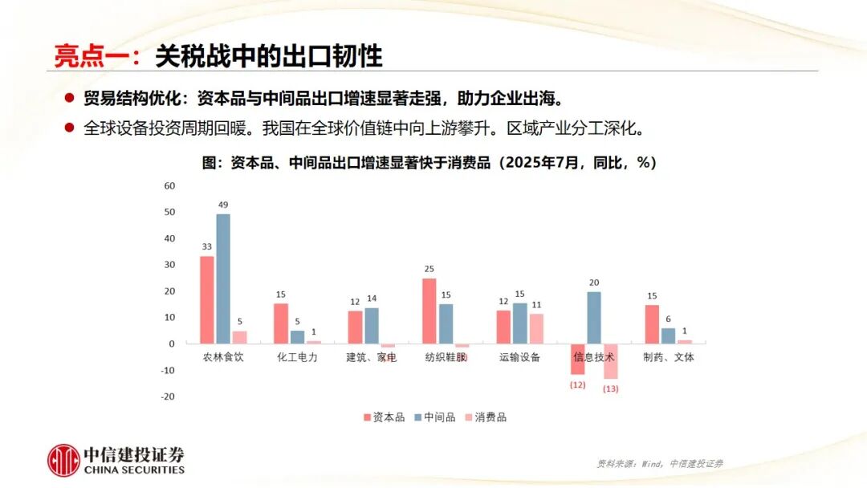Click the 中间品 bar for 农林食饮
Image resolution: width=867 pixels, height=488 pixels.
click(x=223, y=279)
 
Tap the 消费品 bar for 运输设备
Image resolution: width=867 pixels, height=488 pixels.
click(x=536, y=328)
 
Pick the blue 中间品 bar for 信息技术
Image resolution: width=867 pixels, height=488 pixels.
click(x=594, y=317)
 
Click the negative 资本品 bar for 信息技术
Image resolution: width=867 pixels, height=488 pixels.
click(x=578, y=359)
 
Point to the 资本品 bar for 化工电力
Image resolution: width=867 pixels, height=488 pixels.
click(x=281, y=323)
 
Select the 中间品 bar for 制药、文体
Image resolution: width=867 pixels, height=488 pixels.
click(x=668, y=335)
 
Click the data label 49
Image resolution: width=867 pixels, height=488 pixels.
click(x=223, y=205)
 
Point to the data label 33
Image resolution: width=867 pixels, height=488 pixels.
click(x=206, y=246)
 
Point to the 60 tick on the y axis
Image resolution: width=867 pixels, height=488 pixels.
click(x=169, y=185)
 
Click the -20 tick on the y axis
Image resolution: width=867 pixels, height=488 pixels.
click(x=168, y=396)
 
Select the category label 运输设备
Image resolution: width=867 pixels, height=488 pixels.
click(x=519, y=357)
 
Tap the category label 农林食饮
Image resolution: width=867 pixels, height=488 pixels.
click(x=223, y=357)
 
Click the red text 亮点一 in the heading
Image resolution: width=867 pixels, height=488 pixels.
click(x=86, y=55)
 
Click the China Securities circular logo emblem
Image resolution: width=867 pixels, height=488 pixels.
click(x=63, y=460)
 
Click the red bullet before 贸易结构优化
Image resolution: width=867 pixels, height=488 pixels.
click(x=70, y=99)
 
